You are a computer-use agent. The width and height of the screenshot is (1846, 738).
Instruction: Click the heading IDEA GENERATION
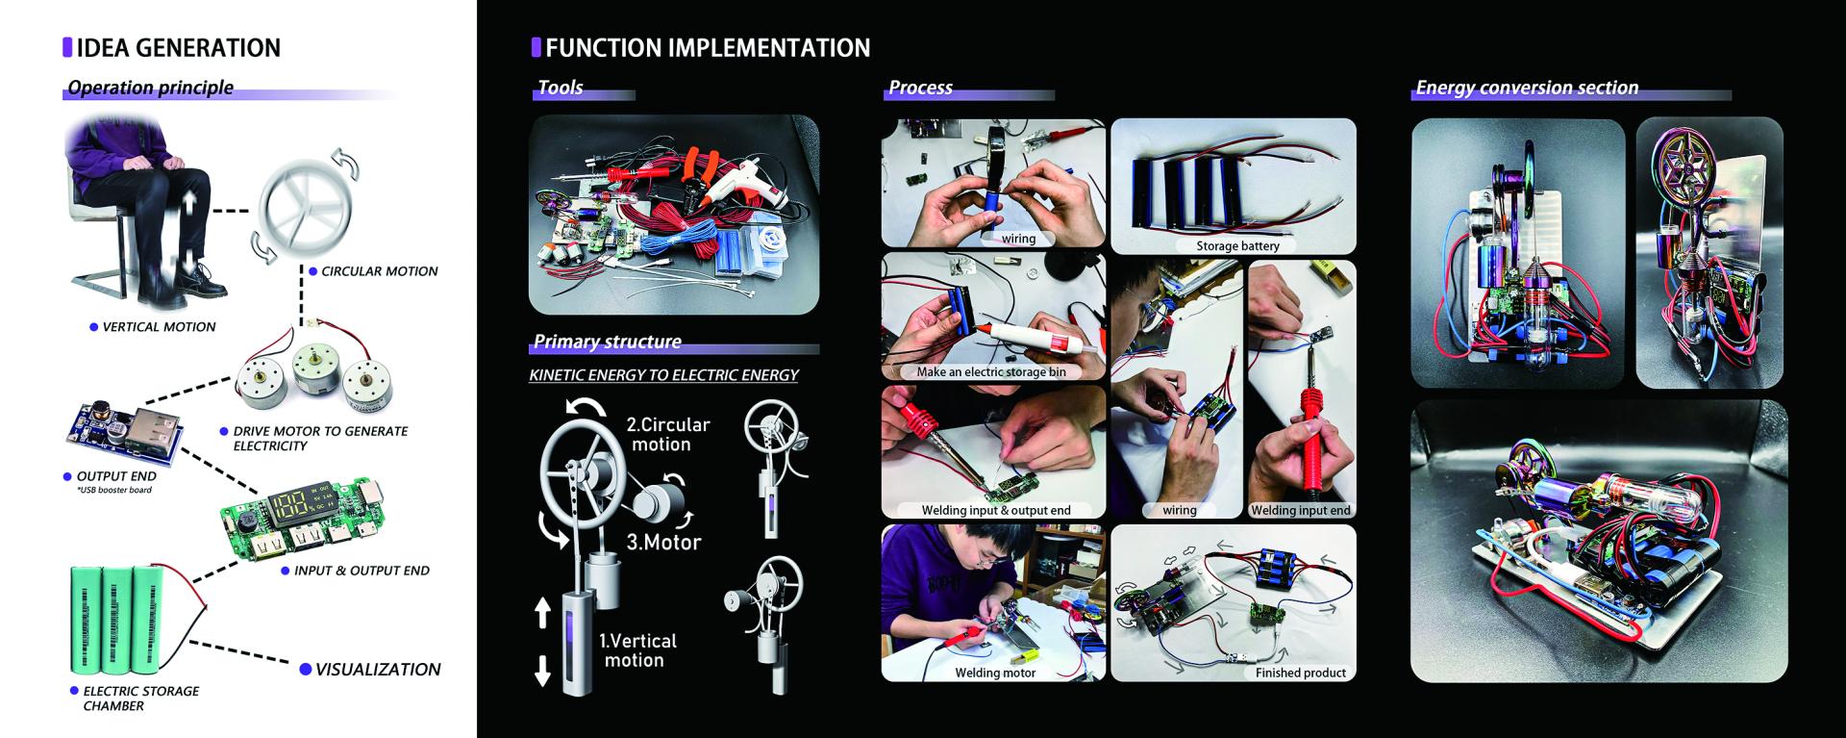178,48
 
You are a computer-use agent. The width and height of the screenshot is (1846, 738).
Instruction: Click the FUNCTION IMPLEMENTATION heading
708,48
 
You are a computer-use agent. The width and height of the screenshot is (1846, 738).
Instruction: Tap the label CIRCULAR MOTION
379,271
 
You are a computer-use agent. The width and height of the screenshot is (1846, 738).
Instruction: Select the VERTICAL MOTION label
160,327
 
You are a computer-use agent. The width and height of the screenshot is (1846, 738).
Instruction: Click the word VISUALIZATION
378,669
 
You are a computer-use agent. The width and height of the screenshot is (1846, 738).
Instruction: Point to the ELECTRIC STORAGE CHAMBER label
140,699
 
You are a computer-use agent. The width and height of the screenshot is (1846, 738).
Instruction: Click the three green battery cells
117,619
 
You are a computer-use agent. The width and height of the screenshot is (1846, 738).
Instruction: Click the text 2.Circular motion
667,434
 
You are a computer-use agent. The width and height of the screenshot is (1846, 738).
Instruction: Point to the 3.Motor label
663,542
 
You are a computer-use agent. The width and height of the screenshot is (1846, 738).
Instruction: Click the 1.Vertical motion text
637,650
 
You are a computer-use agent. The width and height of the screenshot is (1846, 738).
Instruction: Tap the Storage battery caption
1237,246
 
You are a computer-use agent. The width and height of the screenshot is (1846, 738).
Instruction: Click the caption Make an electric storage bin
991,372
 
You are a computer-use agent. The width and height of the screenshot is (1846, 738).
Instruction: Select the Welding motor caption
995,674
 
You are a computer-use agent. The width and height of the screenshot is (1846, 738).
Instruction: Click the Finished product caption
1300,674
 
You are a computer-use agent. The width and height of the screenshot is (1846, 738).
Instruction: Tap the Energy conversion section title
1527,88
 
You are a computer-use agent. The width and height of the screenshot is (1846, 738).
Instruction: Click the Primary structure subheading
608,342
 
